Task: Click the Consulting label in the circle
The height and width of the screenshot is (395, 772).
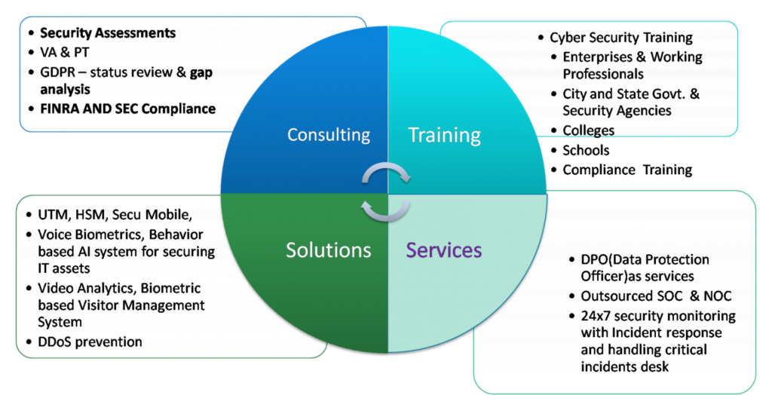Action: [329, 136]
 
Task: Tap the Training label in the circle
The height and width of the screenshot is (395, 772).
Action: [444, 136]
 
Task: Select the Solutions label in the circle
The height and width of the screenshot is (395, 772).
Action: [328, 250]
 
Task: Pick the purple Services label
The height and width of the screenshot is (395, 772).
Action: [444, 250]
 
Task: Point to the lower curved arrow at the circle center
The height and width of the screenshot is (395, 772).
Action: [386, 209]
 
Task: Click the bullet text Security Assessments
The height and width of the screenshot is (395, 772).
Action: [108, 33]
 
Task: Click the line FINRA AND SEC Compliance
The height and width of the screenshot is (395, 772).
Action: [127, 109]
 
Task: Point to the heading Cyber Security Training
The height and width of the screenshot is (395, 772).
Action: [621, 38]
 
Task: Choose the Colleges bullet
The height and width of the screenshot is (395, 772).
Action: [589, 130]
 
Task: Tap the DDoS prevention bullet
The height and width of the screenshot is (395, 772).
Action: [90, 341]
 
